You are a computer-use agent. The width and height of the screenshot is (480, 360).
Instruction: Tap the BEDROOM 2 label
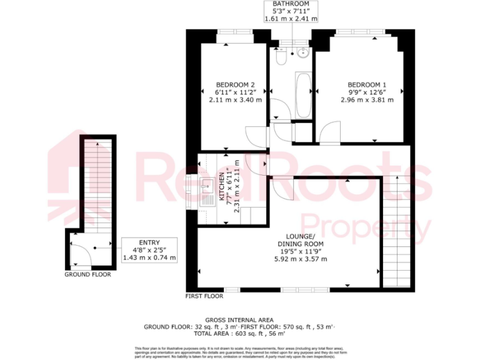[235, 85]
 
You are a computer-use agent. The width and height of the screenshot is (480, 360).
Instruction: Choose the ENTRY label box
[150, 242]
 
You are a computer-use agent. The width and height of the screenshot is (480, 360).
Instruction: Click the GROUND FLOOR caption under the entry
[87, 274]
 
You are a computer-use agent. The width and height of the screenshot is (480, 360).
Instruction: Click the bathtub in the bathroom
[303, 95]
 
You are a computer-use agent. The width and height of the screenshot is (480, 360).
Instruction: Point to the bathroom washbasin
[302, 52]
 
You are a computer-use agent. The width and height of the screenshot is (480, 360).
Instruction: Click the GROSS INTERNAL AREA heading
[240, 319]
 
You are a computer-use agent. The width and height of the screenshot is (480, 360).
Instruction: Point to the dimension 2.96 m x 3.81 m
[367, 100]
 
